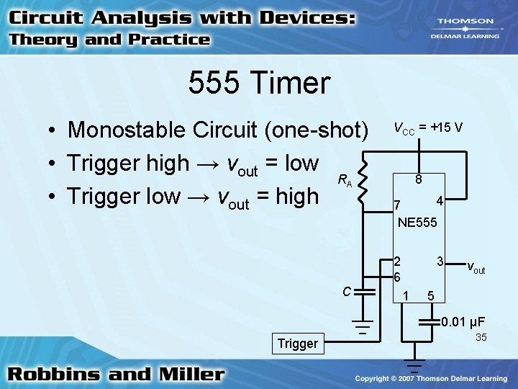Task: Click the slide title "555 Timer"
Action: tap(259, 84)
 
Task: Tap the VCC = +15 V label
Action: tap(427, 128)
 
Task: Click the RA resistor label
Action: tap(345, 180)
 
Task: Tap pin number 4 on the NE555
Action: tap(440, 200)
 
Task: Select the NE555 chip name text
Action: tap(417, 223)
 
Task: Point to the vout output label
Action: tap(476, 269)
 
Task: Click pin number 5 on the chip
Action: tap(430, 295)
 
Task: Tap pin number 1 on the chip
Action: tap(406, 294)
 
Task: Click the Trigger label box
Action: tap(297, 344)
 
